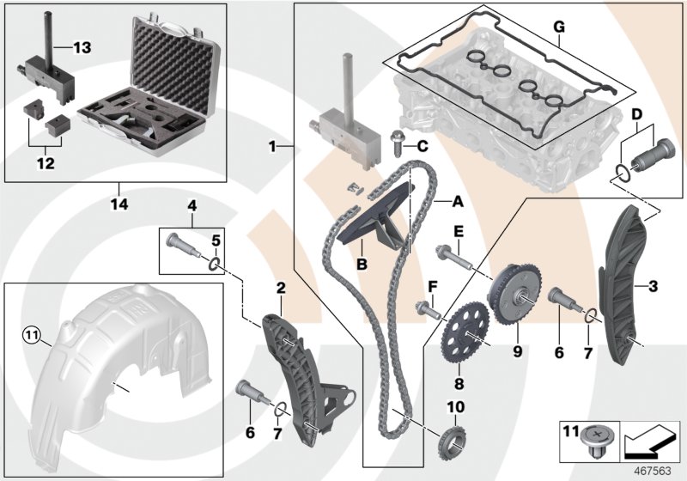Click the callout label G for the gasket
click(x=558, y=27)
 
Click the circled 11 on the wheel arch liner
click(x=32, y=333)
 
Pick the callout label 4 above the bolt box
click(x=193, y=206)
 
